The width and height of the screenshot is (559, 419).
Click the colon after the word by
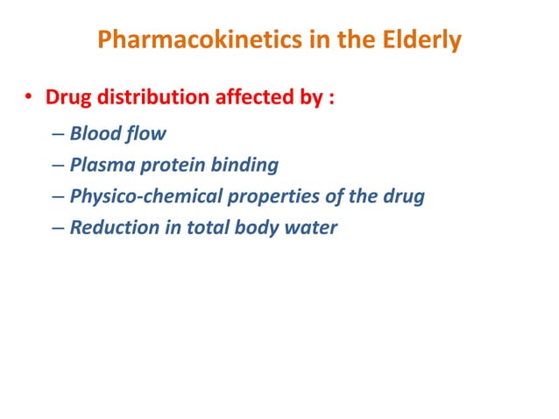click(x=330, y=99)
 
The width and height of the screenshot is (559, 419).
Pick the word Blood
click(x=95, y=135)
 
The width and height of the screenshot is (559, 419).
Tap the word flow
click(x=145, y=135)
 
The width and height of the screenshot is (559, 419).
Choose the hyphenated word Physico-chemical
click(x=144, y=196)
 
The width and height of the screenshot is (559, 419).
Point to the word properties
click(x=271, y=196)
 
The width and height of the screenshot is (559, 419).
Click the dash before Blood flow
click(x=58, y=136)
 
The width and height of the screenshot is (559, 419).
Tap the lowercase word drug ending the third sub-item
click(x=404, y=196)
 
